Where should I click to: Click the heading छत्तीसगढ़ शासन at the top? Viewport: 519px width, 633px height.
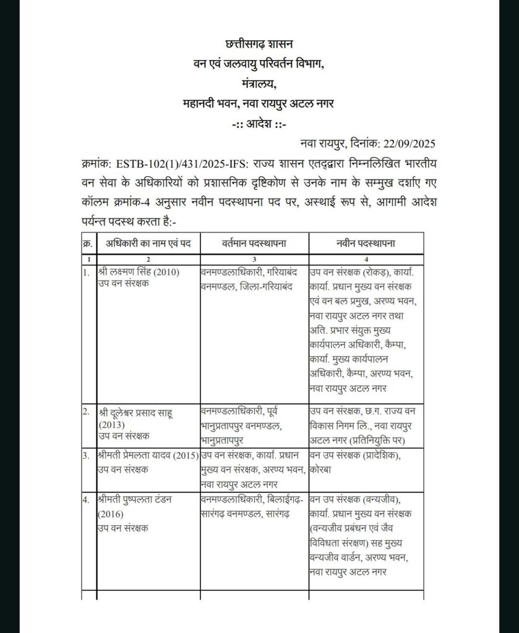coord(259,45)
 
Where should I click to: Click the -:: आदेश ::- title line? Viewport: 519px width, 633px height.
coord(259,124)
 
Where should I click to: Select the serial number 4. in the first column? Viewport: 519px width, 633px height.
coord(86,499)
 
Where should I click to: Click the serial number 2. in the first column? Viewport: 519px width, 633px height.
coord(86,411)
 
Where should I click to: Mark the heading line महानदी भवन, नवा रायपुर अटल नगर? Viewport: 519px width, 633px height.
coord(259,103)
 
